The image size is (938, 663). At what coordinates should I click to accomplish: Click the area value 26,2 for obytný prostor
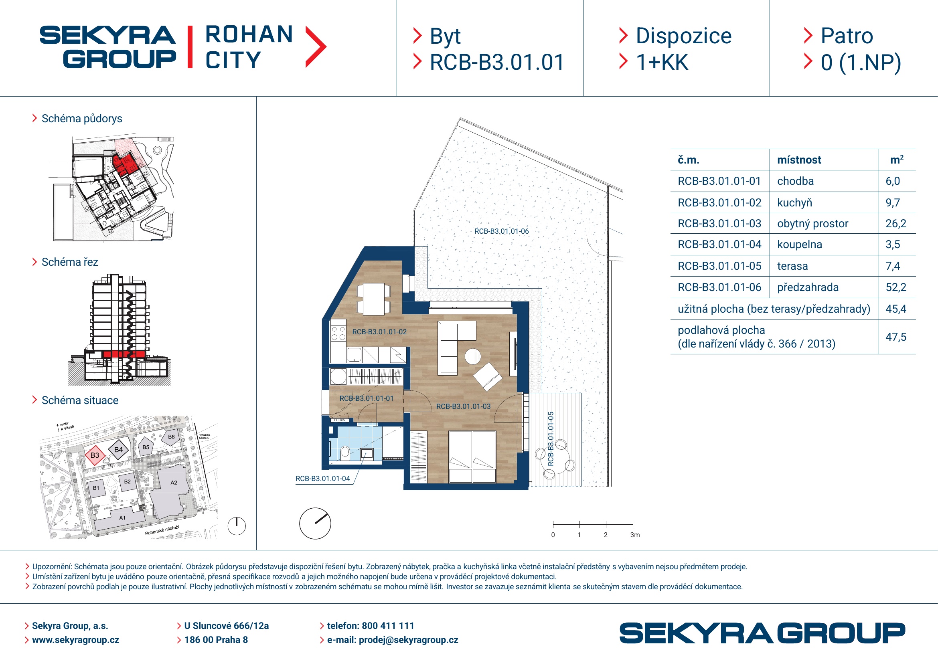[895, 224]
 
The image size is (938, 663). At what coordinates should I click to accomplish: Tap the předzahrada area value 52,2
[895, 287]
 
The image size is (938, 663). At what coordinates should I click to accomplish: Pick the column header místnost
[799, 160]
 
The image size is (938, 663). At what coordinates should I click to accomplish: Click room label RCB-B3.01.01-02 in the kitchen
[379, 332]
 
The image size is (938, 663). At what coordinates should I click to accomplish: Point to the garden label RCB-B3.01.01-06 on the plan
[501, 231]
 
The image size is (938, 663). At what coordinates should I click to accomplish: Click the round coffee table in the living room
[473, 356]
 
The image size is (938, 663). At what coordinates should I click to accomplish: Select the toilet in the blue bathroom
[345, 452]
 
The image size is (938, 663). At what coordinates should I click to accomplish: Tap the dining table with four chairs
[373, 299]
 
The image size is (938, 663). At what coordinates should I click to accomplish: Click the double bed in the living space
[472, 457]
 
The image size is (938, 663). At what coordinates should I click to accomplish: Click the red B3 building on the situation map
[95, 455]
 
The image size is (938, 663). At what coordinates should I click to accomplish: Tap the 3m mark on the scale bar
[634, 535]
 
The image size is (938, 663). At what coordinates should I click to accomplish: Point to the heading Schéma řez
[70, 262]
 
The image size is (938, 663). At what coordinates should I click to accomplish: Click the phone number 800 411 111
[388, 626]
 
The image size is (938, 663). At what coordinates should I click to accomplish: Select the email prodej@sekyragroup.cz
[408, 640]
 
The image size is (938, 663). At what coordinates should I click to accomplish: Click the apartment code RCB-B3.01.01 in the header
[497, 63]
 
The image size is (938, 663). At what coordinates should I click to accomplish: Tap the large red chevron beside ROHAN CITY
[316, 46]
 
